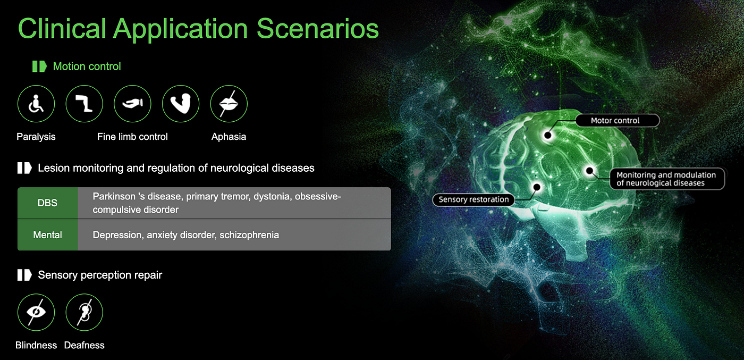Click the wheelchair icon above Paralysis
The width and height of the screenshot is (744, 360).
point(36,104)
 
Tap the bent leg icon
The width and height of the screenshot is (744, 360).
point(84,104)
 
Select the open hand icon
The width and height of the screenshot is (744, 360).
point(132,104)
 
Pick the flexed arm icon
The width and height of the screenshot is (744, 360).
point(181,104)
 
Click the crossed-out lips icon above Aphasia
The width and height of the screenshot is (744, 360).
point(229,104)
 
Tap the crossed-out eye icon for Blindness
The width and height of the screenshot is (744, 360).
point(36,312)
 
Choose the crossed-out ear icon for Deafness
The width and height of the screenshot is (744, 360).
point(84,312)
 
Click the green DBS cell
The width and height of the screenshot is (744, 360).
point(47,203)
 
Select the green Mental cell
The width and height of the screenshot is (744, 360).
point(47,235)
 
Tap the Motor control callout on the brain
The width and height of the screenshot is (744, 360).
point(618,120)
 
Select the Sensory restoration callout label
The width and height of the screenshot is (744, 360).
point(474,199)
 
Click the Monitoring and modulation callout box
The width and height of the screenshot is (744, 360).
point(667,179)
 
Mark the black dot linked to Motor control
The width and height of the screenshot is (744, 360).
point(548,135)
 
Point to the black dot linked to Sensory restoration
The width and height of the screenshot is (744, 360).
point(537,187)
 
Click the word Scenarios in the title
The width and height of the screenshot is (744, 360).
point(318,29)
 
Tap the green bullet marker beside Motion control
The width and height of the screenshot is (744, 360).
point(39,66)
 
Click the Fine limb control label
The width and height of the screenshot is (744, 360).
point(132,137)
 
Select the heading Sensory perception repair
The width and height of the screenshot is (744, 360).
point(100,275)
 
